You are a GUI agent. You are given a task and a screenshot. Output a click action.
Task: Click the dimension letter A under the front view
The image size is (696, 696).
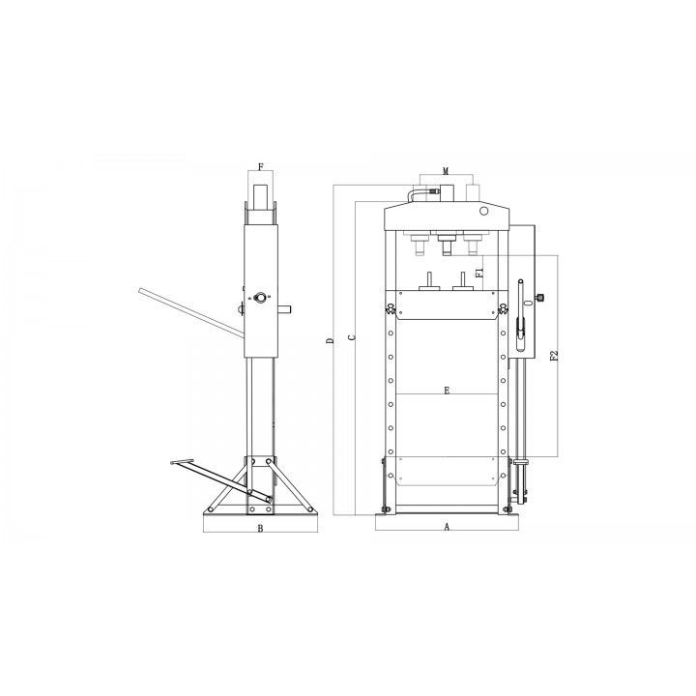447,527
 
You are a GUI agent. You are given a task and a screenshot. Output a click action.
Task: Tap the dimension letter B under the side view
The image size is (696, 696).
261,528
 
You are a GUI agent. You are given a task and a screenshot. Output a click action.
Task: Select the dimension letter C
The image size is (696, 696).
352,337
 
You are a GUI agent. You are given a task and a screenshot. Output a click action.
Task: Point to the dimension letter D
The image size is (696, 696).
330,341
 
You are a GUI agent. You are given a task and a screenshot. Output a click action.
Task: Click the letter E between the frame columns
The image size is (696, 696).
447,391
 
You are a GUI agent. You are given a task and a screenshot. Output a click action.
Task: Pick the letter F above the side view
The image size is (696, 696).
261,167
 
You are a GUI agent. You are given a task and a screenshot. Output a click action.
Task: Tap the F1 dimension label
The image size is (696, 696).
478,273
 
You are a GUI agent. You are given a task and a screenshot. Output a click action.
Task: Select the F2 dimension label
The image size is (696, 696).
554,356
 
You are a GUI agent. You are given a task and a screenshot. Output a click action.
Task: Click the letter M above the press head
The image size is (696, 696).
446,171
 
